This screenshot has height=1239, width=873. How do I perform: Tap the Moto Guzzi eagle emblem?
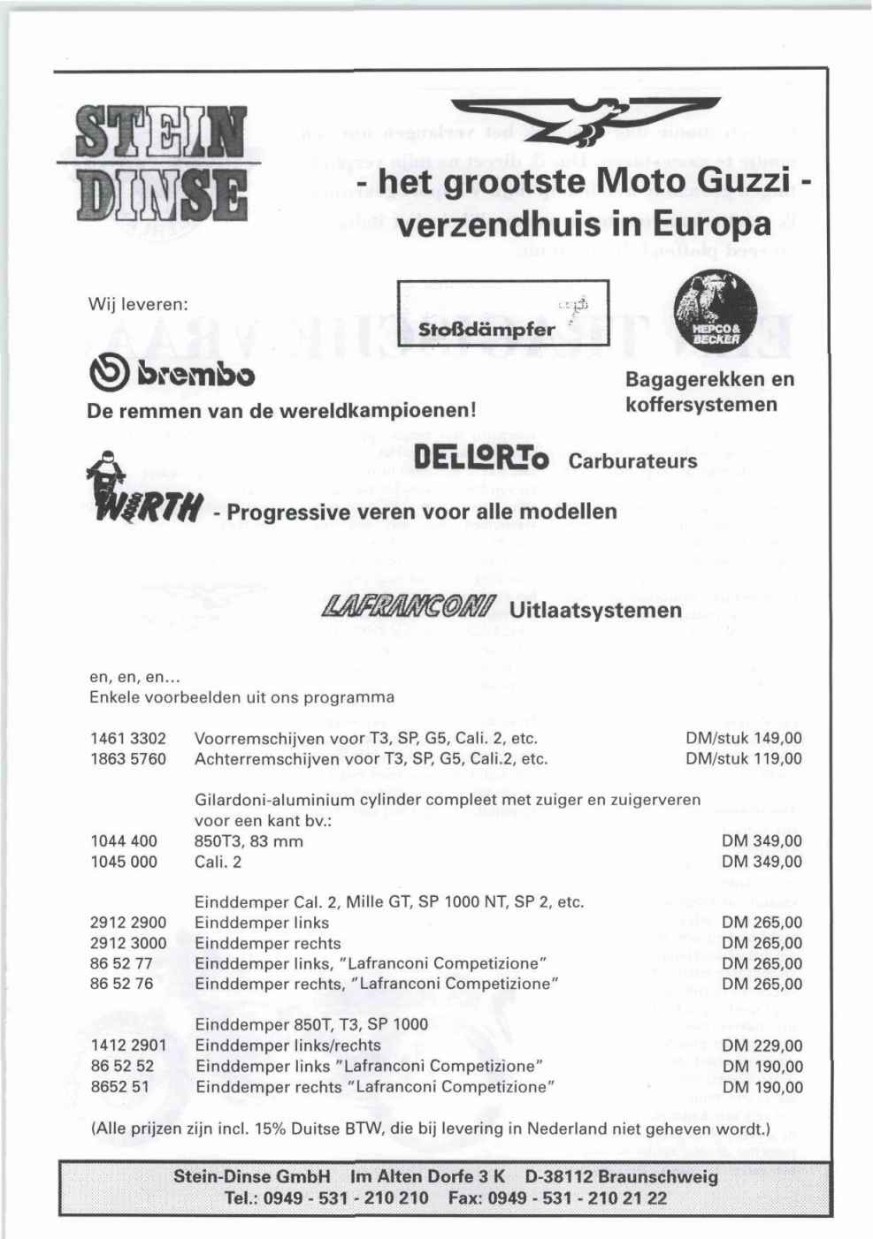[586, 120]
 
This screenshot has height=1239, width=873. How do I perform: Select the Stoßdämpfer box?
[504, 313]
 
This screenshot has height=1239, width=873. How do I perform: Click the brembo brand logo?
[170, 376]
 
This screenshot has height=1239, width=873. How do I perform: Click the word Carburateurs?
[633, 461]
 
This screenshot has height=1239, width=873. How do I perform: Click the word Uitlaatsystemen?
[596, 610]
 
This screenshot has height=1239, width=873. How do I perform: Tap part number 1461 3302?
[128, 738]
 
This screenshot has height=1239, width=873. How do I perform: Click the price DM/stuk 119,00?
[744, 758]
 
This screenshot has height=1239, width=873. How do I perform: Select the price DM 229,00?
[762, 1045]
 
